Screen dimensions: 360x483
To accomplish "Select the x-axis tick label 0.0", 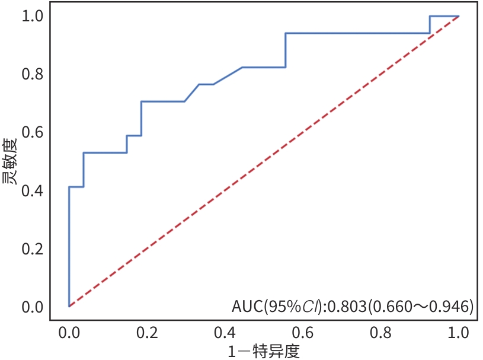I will click(x=69, y=331).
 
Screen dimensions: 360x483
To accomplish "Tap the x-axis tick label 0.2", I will click(x=147, y=331).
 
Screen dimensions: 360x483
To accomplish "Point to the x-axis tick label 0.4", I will click(x=225, y=331).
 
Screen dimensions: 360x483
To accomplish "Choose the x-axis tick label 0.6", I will click(x=303, y=331).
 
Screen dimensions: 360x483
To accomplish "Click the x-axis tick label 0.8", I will click(x=381, y=331).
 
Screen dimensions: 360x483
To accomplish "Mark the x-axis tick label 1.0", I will click(x=459, y=331).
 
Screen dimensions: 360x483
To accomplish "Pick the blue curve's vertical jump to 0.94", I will click(x=286, y=50).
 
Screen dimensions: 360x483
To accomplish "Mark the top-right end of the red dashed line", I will click(x=459, y=16).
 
